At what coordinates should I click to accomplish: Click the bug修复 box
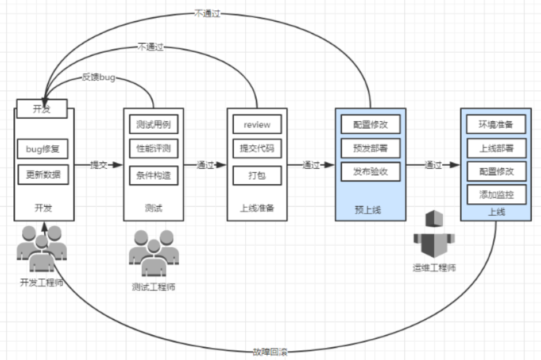[x=43, y=149]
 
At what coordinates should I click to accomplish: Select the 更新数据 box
[x=43, y=175]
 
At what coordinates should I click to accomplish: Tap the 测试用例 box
[x=153, y=124]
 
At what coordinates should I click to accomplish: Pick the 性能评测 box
[x=153, y=148]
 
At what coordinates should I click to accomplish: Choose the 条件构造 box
[x=153, y=175]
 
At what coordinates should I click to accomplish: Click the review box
[x=257, y=124]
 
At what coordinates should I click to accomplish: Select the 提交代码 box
[x=257, y=148]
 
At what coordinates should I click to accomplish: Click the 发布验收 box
[x=370, y=171]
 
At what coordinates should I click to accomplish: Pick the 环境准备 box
[x=496, y=124]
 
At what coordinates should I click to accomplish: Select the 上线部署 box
[x=496, y=148]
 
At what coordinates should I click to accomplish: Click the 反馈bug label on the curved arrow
[x=98, y=78]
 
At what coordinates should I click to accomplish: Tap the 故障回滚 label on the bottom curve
[x=270, y=351]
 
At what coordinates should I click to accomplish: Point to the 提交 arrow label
[x=99, y=165]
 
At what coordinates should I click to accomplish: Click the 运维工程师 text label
[x=434, y=267]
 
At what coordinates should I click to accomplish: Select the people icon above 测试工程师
[x=152, y=253]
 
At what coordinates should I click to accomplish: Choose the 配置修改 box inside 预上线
[x=370, y=124]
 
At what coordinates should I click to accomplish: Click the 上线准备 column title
[x=257, y=208]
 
